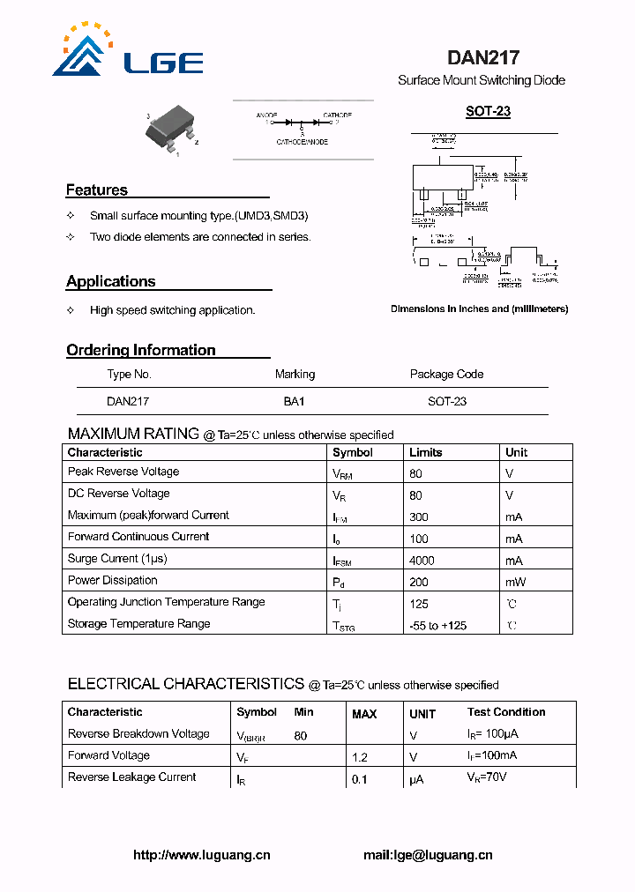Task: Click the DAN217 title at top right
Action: pos(482,58)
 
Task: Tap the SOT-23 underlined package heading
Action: pos(488,112)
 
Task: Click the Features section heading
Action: pos(97,190)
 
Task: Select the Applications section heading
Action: pos(111,282)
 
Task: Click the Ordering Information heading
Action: pos(141,351)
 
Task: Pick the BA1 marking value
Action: pos(294,401)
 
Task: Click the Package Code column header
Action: pos(446,375)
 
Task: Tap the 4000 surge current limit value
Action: pos(423,561)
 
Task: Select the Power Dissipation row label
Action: pos(113,581)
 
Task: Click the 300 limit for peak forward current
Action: pos(419,517)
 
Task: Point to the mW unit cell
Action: pos(514,583)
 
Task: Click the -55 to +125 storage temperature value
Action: pos(437,626)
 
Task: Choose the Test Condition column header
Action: pos(506,712)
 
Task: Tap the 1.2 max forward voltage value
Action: pos(359,757)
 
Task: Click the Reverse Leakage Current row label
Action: pos(132,777)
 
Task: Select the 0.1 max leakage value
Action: pos(359,779)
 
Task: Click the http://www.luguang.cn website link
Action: pos(202,855)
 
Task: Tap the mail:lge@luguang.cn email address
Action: pos(428,855)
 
